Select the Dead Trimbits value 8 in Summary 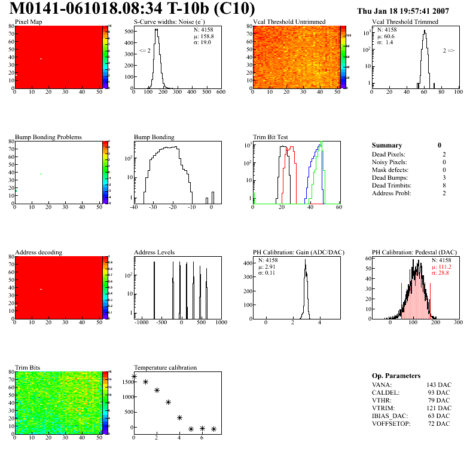(439, 185)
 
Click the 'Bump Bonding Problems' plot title (48, 137)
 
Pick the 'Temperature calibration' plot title (165, 367)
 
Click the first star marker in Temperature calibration (134, 376)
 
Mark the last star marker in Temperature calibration (213, 429)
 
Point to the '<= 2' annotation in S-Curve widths (145, 51)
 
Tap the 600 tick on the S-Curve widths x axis (220, 93)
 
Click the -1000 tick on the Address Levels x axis (142, 322)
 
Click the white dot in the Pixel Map (41, 59)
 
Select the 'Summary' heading (387, 145)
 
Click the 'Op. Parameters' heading (396, 376)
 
